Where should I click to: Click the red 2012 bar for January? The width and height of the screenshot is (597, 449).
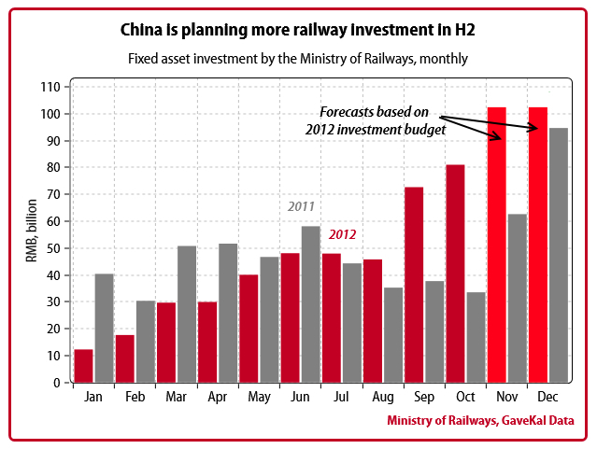[x=84, y=365]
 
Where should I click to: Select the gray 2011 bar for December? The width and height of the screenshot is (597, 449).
[x=559, y=255]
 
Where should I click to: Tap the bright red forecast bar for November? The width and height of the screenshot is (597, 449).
[x=497, y=245]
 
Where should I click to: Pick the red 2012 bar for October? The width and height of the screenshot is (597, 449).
[x=455, y=273]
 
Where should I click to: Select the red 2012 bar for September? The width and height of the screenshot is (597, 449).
[x=414, y=284]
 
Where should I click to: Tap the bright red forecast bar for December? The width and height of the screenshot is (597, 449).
[x=538, y=245]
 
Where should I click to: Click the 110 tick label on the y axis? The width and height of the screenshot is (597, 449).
[x=50, y=87]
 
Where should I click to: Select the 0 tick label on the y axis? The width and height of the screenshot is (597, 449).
[x=56, y=383]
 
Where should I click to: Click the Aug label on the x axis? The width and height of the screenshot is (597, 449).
[x=382, y=398]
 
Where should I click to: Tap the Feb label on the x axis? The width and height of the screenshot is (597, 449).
[x=135, y=398]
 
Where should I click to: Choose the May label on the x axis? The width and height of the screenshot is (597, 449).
[x=259, y=398]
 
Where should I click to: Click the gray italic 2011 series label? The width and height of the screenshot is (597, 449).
[x=301, y=206]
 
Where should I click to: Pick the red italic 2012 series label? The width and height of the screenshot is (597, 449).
[x=342, y=234]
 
